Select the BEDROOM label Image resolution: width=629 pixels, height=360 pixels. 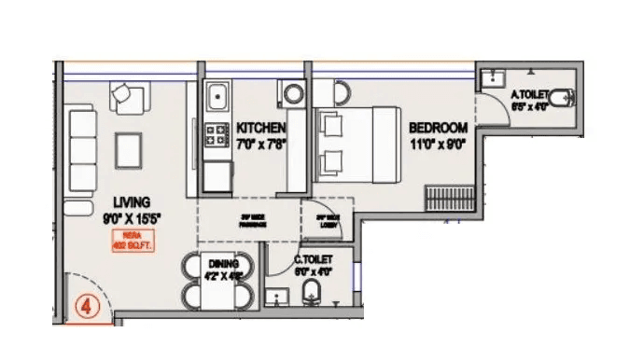coord(432,128)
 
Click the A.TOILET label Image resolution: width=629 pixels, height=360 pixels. coord(528,94)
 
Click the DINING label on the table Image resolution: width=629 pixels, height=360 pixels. coord(217,265)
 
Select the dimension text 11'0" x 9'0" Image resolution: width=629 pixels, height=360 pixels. coord(432,144)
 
